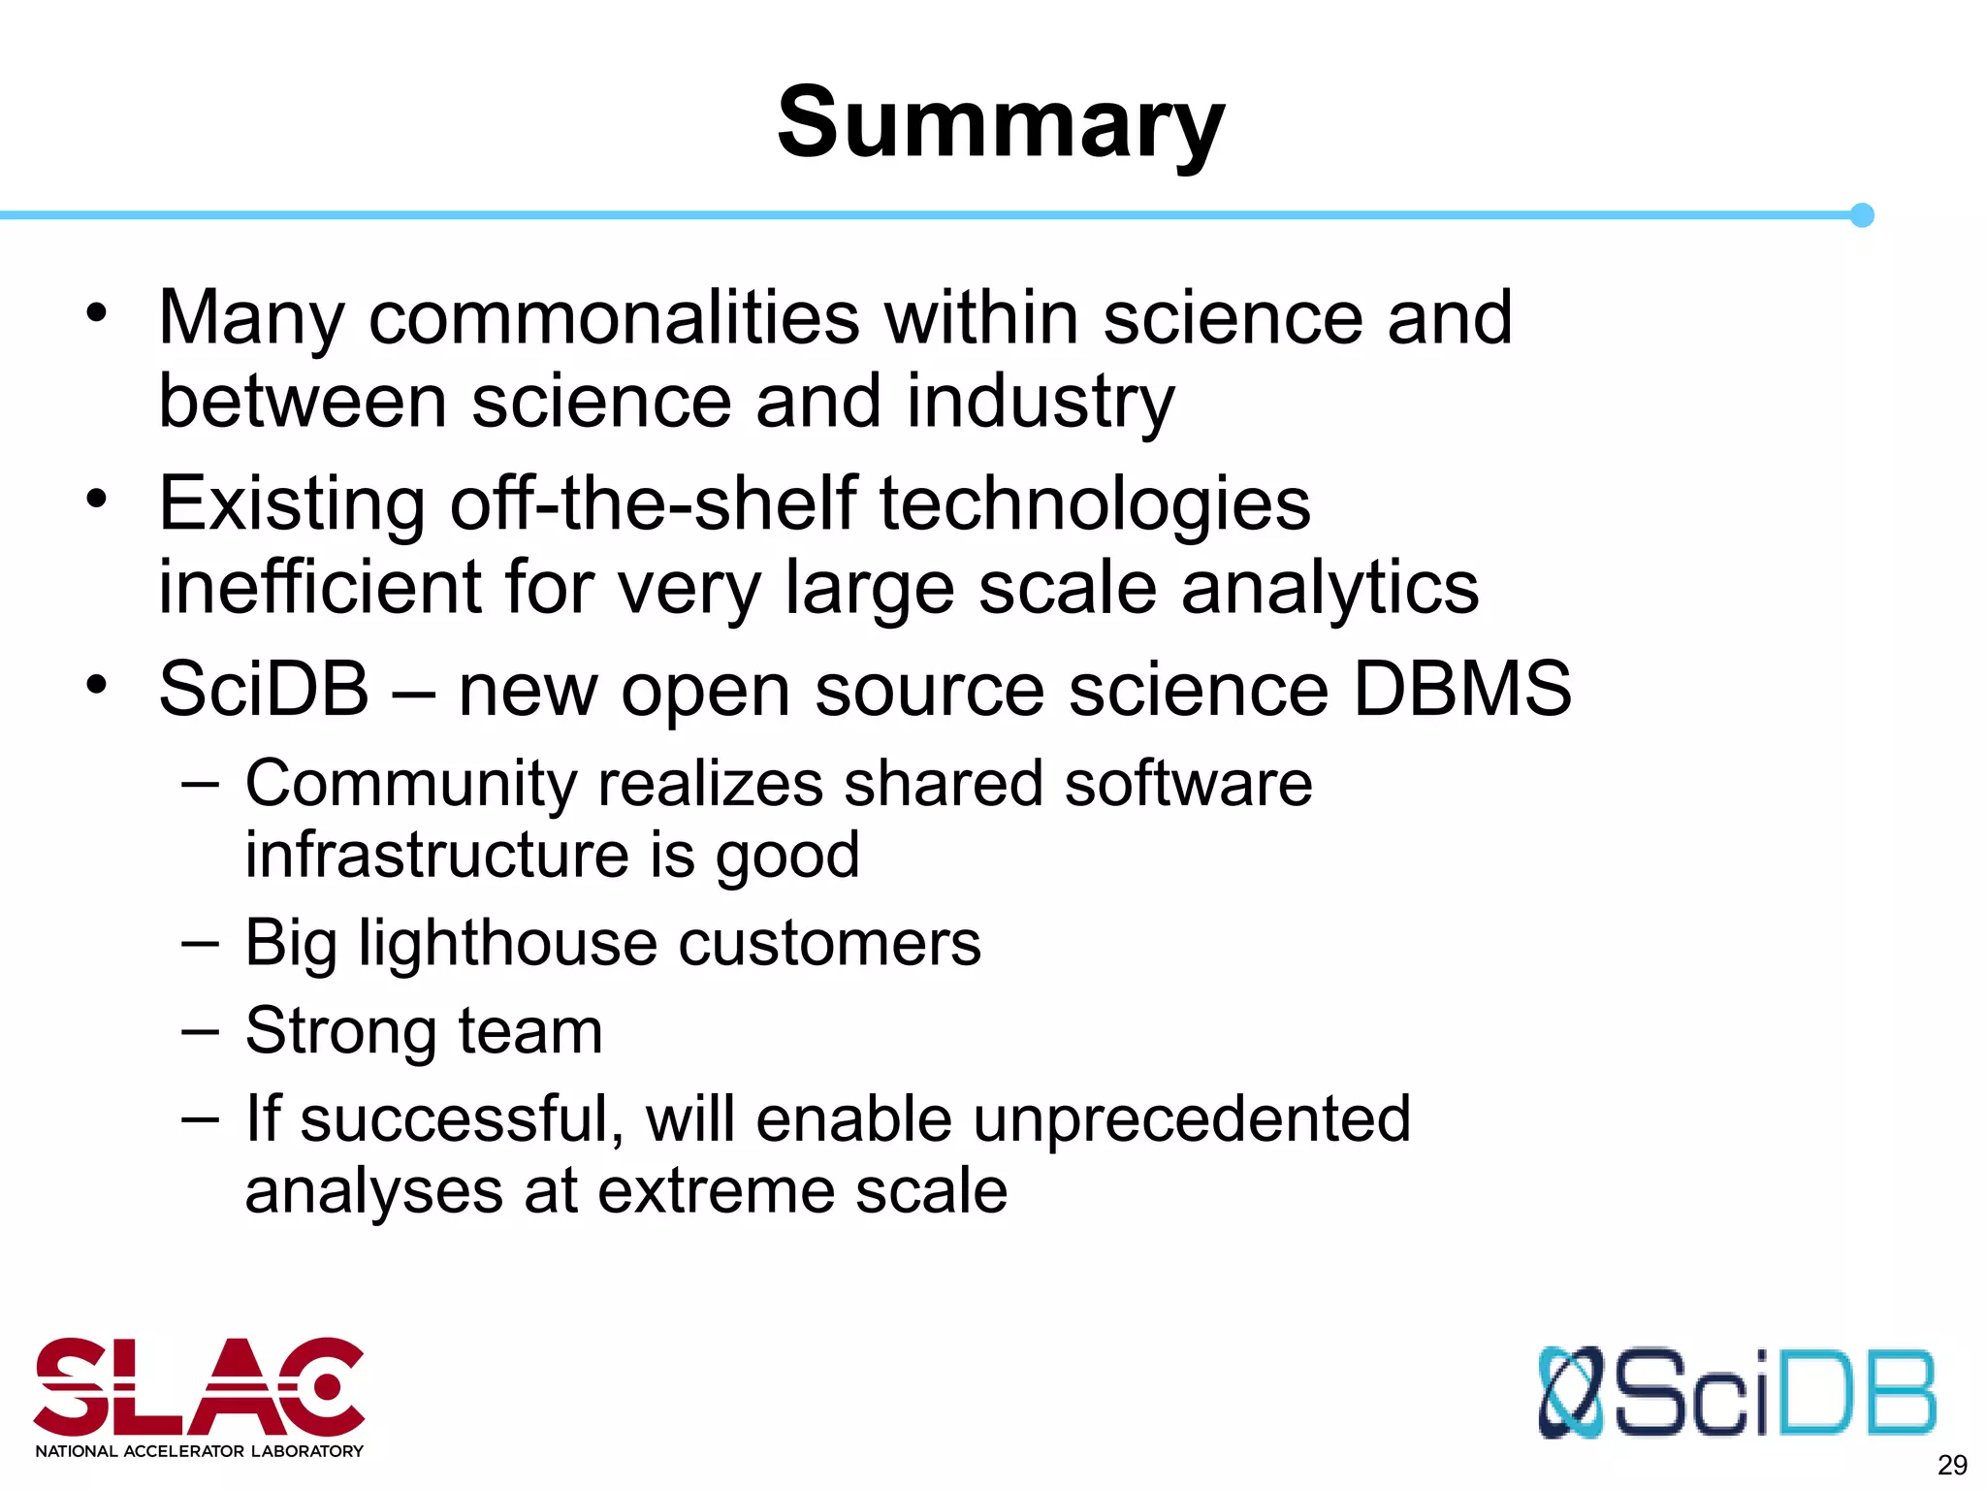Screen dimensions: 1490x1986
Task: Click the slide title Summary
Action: (x=1001, y=124)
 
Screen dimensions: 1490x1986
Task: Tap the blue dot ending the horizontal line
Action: (x=1861, y=215)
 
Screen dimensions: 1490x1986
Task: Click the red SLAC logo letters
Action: (x=199, y=1387)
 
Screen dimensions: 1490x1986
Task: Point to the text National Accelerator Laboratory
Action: (x=199, y=1451)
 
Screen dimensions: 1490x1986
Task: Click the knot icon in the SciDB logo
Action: (x=1571, y=1393)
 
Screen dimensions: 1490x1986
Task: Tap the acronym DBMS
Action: (x=1461, y=690)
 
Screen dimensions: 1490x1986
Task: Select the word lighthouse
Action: (x=507, y=943)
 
